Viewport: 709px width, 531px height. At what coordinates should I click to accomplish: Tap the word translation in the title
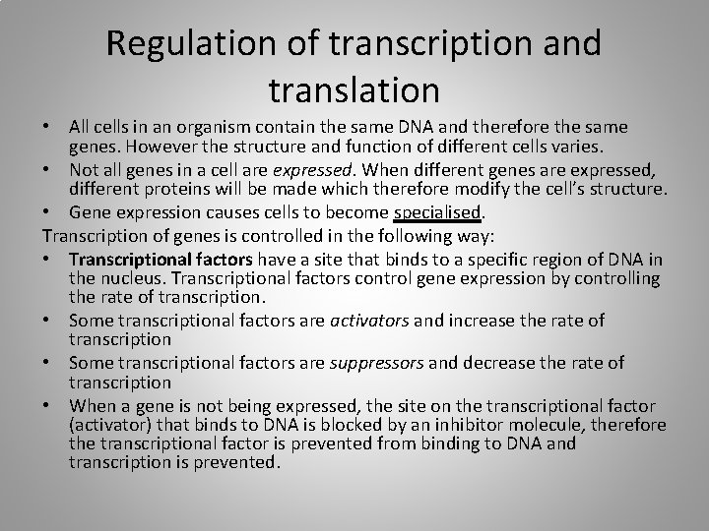pos(354,89)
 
